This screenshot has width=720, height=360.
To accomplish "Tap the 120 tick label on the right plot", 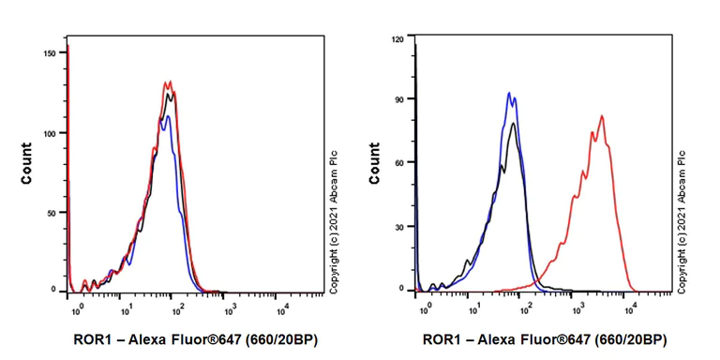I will (397, 39).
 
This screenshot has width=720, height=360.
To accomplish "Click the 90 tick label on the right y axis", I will (400, 98).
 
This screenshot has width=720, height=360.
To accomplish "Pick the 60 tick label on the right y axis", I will (400, 162).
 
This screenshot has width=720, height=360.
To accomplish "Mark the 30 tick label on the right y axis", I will (400, 226).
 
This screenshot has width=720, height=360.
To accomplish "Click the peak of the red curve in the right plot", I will (602, 116).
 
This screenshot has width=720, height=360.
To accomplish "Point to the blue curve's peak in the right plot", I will (508, 93).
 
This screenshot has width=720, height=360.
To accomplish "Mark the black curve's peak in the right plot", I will (513, 123).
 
